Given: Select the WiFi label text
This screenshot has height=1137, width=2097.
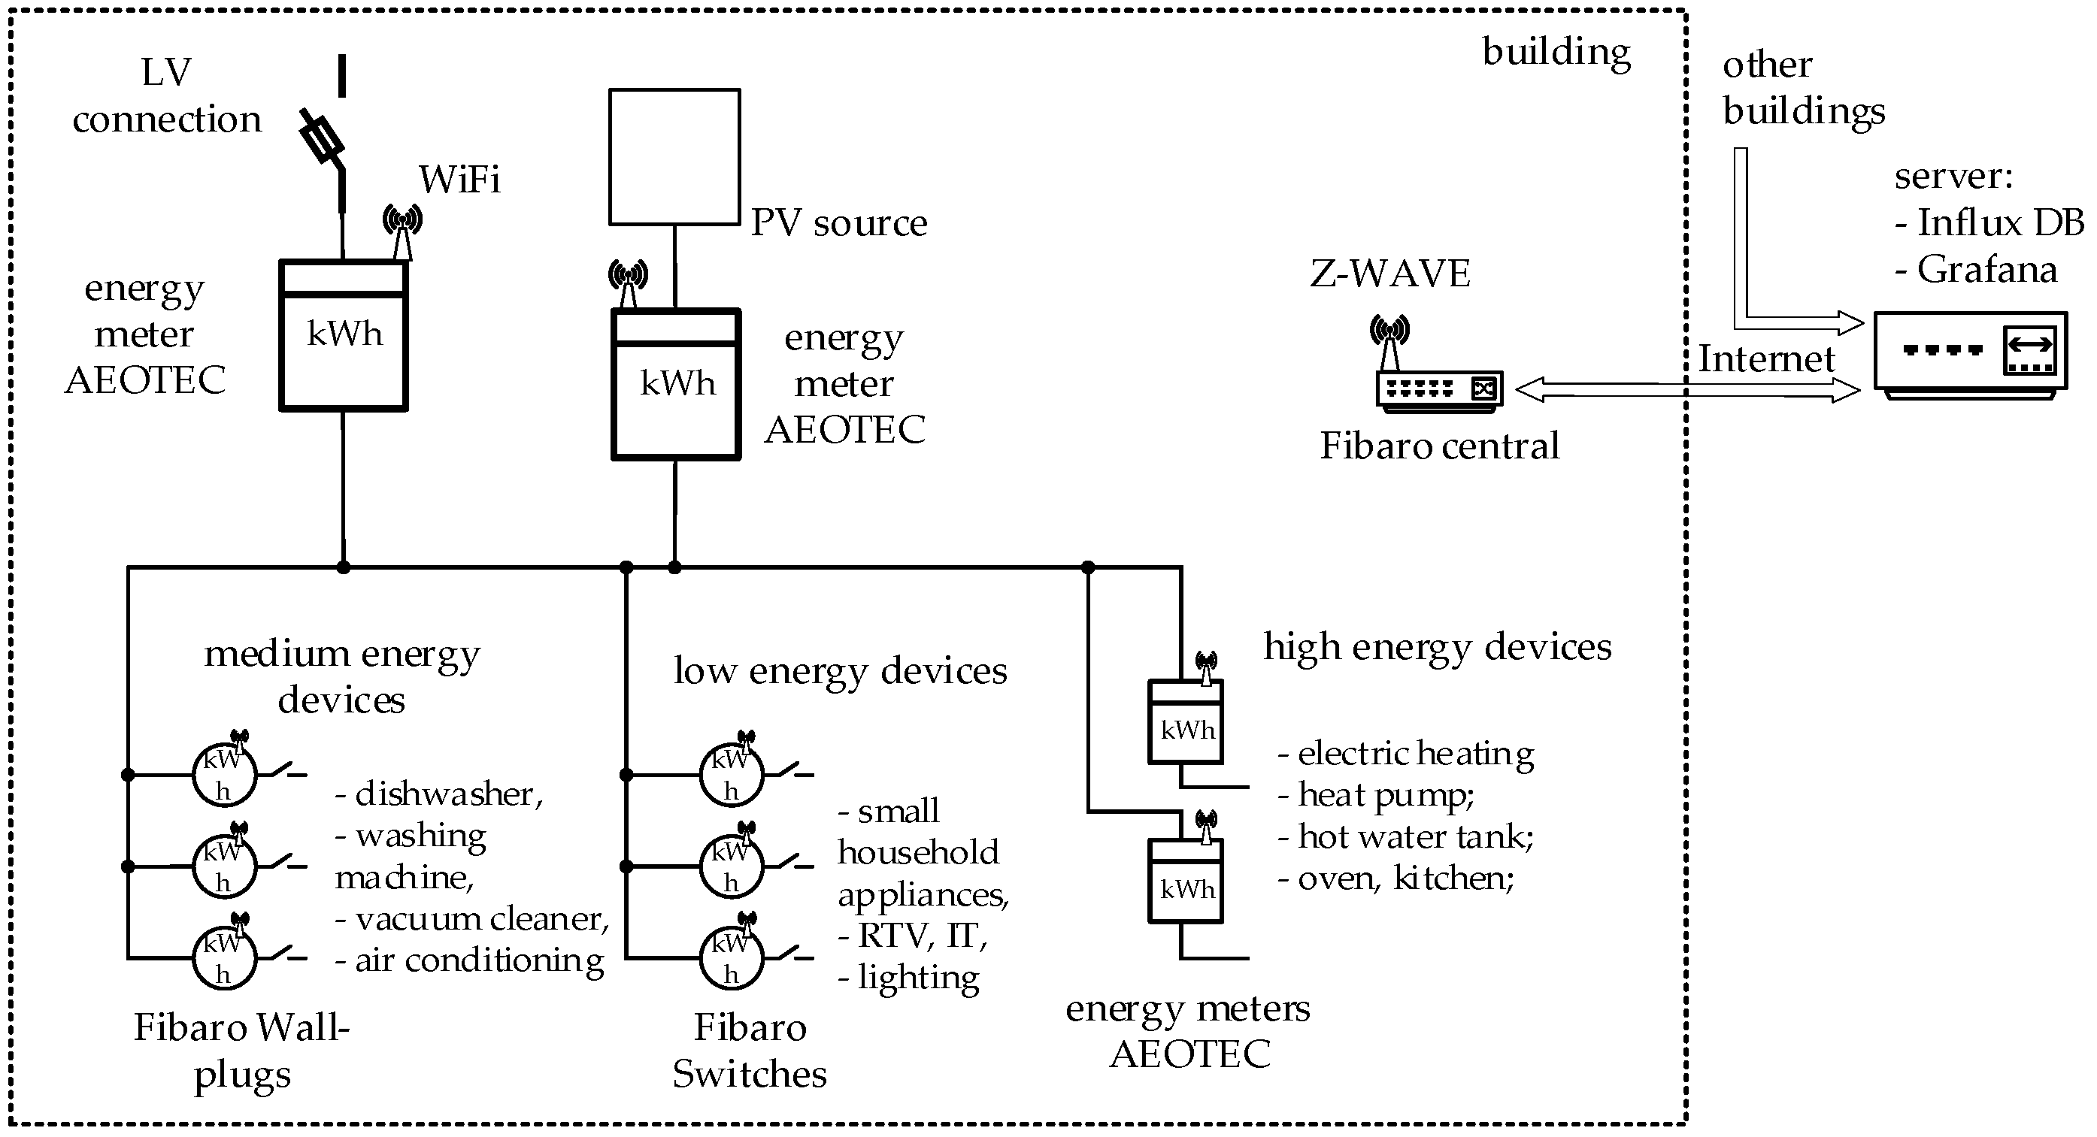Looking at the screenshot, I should click(459, 179).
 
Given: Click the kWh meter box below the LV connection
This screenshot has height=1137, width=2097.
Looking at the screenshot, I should click(343, 335).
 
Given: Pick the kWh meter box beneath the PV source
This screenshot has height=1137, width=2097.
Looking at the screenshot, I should click(676, 384).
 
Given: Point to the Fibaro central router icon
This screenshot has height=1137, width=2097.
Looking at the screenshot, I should click(1438, 389).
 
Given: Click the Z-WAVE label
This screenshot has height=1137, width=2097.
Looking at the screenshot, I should click(1389, 274).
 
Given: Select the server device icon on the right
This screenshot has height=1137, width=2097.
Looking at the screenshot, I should click(1970, 353).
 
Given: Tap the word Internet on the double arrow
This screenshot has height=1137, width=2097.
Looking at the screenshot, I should click(1766, 359).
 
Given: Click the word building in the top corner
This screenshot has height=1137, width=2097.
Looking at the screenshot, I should click(1556, 52).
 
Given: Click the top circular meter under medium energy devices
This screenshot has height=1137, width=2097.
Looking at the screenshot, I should click(224, 775).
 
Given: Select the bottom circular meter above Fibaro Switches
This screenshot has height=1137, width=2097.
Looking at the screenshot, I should click(731, 958).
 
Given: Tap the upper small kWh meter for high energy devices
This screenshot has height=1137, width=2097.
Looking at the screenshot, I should click(1185, 722).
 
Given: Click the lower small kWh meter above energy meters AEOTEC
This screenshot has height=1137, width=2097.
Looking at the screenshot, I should click(1185, 881).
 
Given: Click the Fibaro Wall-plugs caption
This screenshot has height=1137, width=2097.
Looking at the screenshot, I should click(242, 1051).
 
